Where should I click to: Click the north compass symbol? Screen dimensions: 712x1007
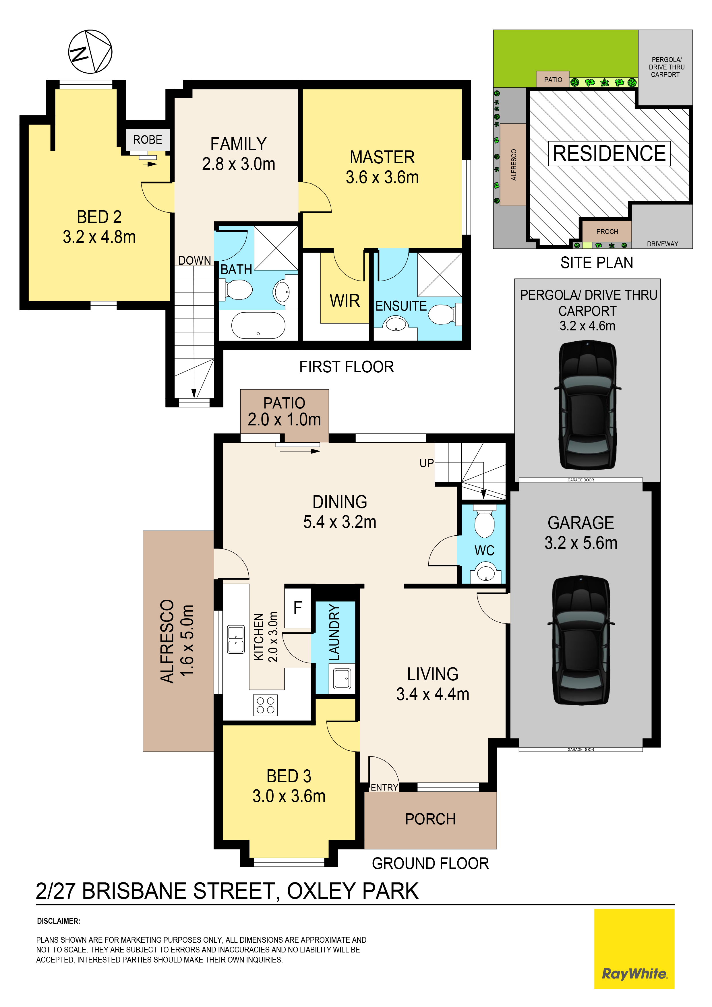(x=90, y=51)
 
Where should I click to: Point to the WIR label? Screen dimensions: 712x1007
(x=345, y=301)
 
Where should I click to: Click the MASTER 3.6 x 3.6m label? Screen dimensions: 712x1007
(x=382, y=167)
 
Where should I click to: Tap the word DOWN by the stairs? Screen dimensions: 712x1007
(x=194, y=261)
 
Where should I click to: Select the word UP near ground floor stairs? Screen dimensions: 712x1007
(x=426, y=463)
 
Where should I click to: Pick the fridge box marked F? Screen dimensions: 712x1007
(x=298, y=608)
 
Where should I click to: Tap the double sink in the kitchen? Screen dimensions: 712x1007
(x=236, y=639)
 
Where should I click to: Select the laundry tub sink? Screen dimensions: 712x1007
(x=342, y=679)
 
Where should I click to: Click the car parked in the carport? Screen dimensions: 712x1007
(x=587, y=406)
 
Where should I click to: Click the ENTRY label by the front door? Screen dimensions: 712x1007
(x=384, y=788)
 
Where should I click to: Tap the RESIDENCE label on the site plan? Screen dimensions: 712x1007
(x=609, y=154)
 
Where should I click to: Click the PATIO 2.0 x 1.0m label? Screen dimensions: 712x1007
(x=284, y=411)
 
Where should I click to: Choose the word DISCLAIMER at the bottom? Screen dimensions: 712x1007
(x=58, y=921)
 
